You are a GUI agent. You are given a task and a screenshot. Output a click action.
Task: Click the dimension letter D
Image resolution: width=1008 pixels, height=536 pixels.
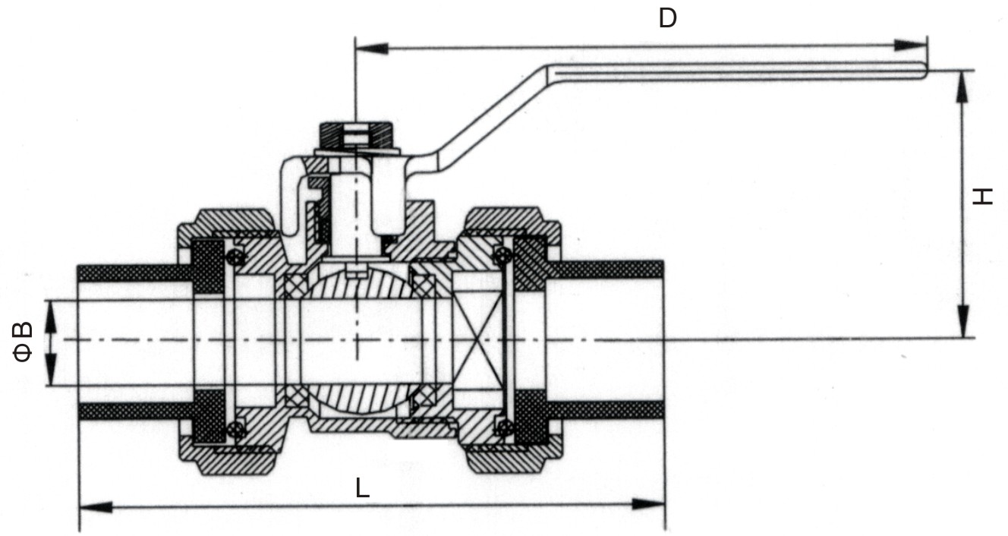(667, 17)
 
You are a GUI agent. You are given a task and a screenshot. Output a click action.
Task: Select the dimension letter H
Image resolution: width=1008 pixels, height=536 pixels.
(983, 197)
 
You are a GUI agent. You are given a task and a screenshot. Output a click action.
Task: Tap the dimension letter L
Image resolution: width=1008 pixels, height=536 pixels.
(363, 488)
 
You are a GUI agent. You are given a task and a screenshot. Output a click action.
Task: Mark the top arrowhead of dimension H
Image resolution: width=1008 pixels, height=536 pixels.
(962, 86)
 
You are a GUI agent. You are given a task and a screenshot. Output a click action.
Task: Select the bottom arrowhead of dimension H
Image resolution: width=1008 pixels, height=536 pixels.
(962, 322)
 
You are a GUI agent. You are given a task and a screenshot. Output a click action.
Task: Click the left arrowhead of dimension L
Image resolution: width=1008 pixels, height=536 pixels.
(96, 506)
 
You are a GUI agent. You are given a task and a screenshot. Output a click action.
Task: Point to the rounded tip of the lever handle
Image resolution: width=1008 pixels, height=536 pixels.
(922, 71)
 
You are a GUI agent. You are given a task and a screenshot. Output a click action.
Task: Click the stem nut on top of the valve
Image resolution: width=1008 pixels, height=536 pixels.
(354, 134)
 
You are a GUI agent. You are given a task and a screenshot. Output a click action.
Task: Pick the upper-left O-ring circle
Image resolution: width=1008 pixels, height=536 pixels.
(238, 258)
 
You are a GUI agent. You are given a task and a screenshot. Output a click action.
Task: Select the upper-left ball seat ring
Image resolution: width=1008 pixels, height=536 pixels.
(295, 285)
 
